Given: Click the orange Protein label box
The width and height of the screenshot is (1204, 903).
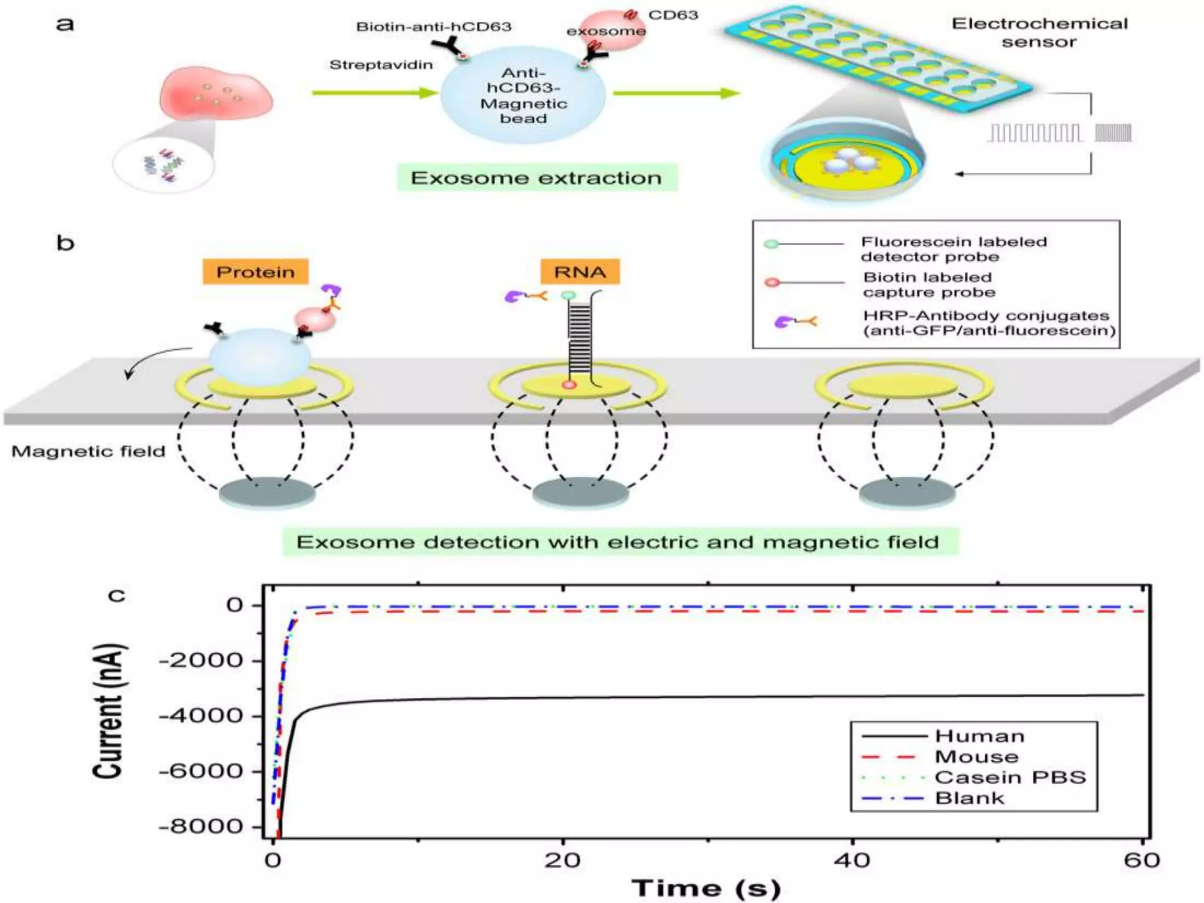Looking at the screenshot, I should [255, 272].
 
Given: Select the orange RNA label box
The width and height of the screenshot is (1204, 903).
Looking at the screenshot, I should [579, 272].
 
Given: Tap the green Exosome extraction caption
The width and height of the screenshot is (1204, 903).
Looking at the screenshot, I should [536, 178].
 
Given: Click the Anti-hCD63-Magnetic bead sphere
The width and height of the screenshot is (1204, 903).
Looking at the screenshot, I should [523, 96].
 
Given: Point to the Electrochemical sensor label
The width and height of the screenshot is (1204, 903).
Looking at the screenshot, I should [1039, 32].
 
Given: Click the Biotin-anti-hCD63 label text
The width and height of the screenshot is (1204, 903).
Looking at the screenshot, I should [433, 26].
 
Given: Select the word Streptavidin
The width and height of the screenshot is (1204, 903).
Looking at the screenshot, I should [381, 65].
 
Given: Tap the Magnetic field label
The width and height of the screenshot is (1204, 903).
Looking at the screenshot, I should [88, 451].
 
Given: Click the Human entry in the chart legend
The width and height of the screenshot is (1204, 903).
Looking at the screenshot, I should [979, 736].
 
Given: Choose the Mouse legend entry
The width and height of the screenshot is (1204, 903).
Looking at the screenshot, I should [976, 757].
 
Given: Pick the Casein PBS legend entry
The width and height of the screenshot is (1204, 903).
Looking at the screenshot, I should [1010, 777].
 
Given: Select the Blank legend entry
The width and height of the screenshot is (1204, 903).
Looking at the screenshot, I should [969, 798].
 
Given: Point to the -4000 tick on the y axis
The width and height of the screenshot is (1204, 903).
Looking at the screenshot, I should [201, 715].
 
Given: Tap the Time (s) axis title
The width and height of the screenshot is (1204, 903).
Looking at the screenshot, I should [705, 888].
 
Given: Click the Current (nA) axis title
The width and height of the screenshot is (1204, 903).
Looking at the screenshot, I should [109, 711].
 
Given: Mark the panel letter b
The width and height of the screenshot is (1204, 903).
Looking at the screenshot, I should [65, 243].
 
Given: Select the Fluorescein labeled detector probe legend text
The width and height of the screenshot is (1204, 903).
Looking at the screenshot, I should [954, 249].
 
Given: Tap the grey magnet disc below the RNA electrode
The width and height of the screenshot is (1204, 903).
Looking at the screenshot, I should [580, 492].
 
